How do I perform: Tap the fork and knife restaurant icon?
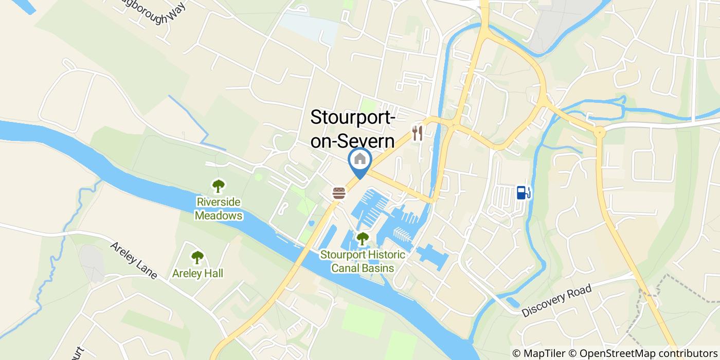[x=418, y=134]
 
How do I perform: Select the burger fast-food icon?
[x=339, y=193]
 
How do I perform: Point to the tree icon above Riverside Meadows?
[x=219, y=186]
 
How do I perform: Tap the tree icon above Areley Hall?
[x=197, y=257]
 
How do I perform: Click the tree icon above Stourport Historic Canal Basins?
[x=363, y=239]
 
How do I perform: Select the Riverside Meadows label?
[x=219, y=209]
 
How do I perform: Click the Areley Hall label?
[x=198, y=274]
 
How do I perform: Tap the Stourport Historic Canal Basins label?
[x=363, y=261]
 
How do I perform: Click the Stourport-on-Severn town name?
[x=353, y=129]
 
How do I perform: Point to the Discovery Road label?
[x=556, y=301]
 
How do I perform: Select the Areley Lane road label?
[x=134, y=260]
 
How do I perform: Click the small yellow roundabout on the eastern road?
[x=599, y=133]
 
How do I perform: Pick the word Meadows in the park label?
[x=219, y=215]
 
